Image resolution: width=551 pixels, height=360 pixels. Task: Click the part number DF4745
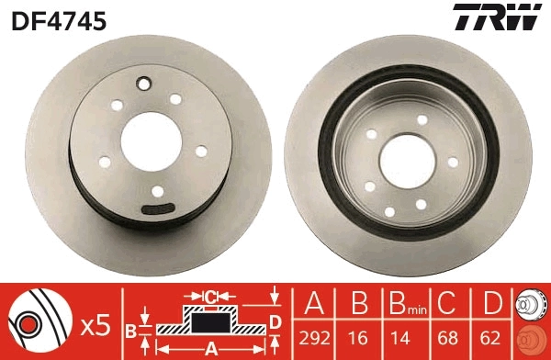click(x=58, y=17)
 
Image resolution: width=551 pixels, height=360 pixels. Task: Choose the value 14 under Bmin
click(x=400, y=336)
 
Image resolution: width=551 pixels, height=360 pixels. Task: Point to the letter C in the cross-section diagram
click(x=209, y=297)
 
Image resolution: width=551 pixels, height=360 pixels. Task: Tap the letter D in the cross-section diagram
click(x=274, y=321)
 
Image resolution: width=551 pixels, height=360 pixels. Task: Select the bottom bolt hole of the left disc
click(x=157, y=192)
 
